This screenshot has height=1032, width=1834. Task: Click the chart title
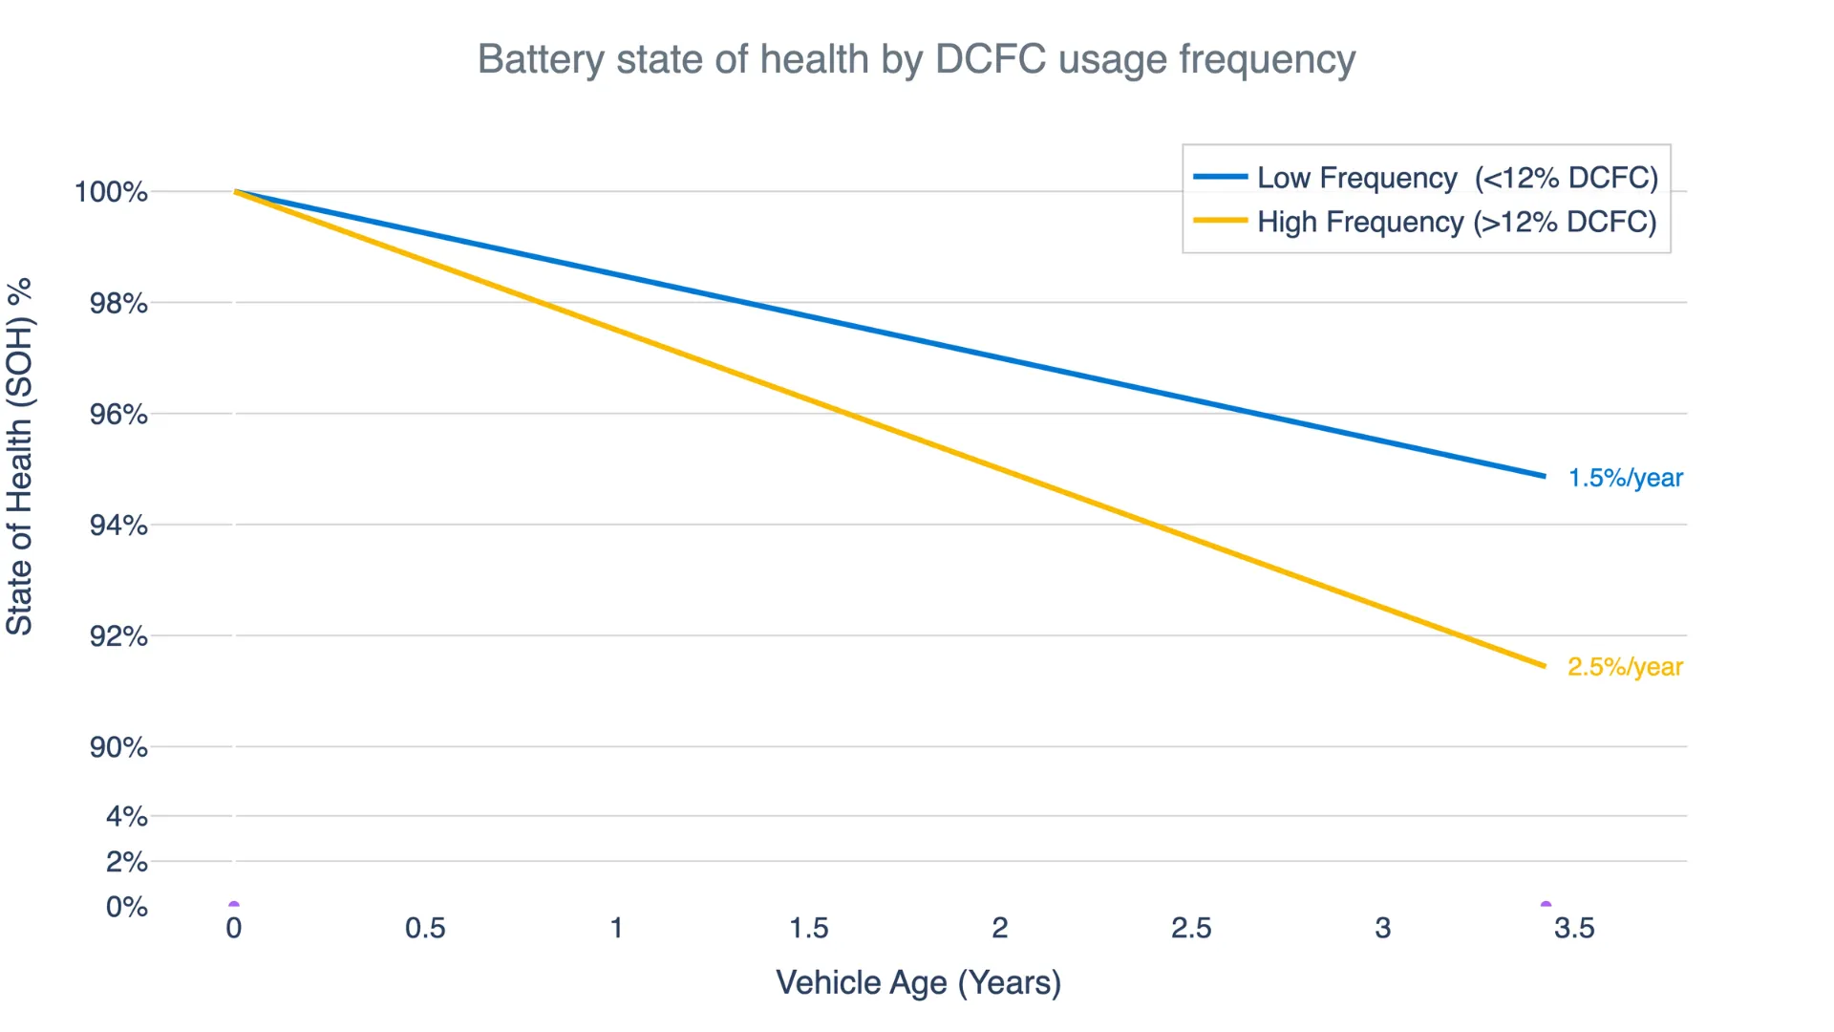coord(916,59)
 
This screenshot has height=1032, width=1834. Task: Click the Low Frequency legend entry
coord(1457,178)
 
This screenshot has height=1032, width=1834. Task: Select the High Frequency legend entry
coord(1457,222)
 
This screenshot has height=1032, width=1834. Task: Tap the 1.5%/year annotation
coord(1625,478)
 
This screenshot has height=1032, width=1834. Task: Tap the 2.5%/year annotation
coord(1625,667)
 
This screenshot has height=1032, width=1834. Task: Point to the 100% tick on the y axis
coord(112,192)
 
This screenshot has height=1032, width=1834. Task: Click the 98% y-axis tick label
coord(118,304)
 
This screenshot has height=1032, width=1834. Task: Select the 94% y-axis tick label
coord(118,526)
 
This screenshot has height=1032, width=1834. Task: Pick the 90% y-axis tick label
coord(118,747)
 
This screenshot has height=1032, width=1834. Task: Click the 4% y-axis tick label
coord(126,817)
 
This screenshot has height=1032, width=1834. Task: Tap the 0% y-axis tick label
coord(126,907)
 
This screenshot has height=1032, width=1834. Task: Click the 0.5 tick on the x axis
coord(425,929)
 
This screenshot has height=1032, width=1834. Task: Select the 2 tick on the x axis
coord(1000,929)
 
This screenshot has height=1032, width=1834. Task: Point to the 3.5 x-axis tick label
coord(1574,929)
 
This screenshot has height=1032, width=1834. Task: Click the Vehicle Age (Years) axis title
coord(918,983)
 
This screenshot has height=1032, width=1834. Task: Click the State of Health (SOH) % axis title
coord(20,457)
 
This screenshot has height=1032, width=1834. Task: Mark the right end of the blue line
coord(1544,476)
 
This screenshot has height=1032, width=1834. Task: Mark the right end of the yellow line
coord(1544,666)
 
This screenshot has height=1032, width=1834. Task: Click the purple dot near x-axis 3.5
coord(1546,904)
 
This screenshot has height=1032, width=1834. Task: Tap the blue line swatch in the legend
coord(1220,178)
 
